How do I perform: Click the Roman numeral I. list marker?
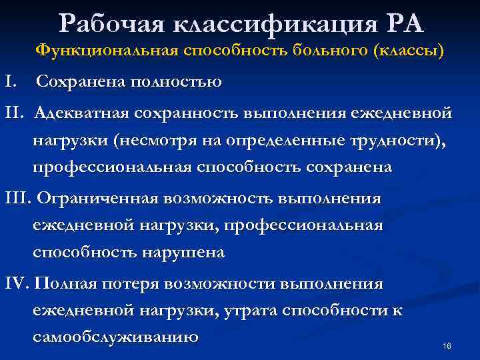[10, 82]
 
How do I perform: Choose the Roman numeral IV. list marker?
[17, 284]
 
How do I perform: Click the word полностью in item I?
[174, 82]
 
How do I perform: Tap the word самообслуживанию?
[115, 338]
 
